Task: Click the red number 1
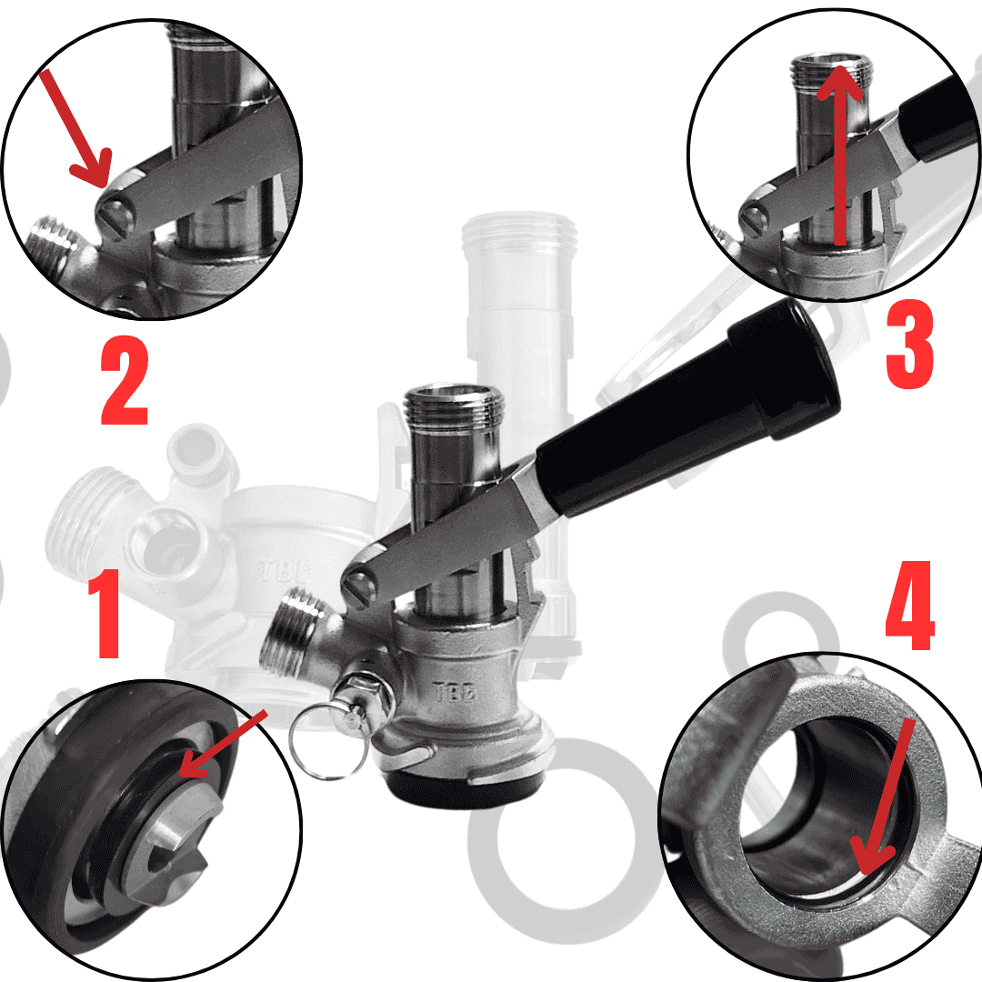coord(107,614)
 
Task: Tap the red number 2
coord(125,381)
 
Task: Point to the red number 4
coord(910,606)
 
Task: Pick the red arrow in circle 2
coord(75,129)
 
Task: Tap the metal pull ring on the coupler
coord(327,742)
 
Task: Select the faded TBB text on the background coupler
coord(285,570)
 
